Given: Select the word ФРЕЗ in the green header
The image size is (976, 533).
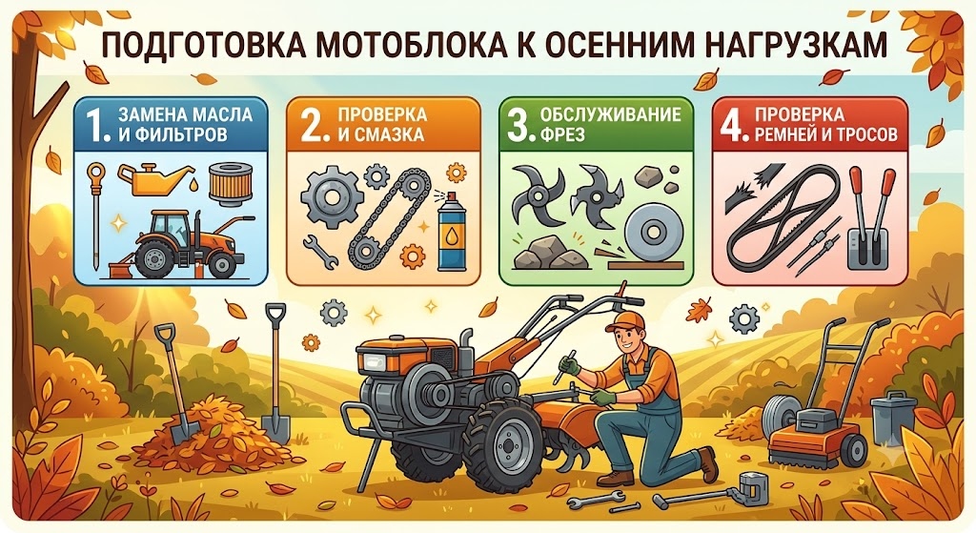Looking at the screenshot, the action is point(562,133).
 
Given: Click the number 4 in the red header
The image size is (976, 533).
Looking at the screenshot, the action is point(732,125).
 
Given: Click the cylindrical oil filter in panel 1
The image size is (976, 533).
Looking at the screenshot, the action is point(230,182).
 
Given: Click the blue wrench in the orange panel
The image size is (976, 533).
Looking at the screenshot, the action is point(320,251).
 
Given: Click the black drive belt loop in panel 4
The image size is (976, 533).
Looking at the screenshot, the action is point(783,215).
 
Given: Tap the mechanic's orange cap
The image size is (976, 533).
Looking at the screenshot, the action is point(625,320).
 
